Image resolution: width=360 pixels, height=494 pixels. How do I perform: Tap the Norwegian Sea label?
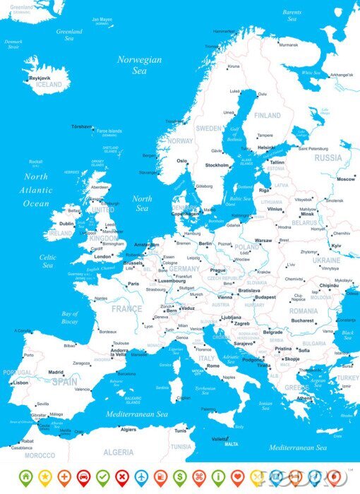click(x=139, y=66)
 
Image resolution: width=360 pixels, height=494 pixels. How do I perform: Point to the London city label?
click(x=103, y=257)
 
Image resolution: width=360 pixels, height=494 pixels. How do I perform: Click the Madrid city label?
click(x=56, y=372)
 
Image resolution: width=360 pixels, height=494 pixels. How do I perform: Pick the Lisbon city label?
click(x=20, y=382)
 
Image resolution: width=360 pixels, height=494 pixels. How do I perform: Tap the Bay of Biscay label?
click(x=70, y=317)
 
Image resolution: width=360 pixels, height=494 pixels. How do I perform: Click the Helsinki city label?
click(x=267, y=147)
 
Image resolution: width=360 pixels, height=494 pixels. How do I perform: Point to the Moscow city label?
click(x=346, y=179)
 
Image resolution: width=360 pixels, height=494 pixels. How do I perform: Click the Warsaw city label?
click(x=263, y=241)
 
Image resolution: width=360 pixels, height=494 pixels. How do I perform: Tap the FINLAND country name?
click(x=268, y=115)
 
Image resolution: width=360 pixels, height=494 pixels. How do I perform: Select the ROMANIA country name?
click(x=304, y=311)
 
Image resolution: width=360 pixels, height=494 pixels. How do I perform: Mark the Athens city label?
click(x=305, y=397)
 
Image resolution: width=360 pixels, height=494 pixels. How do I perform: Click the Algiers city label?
click(x=128, y=429)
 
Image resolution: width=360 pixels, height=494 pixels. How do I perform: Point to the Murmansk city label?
click(x=288, y=44)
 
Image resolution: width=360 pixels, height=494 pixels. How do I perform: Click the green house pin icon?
click(x=25, y=476)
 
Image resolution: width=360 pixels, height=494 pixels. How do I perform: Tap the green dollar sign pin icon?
click(x=180, y=476)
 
